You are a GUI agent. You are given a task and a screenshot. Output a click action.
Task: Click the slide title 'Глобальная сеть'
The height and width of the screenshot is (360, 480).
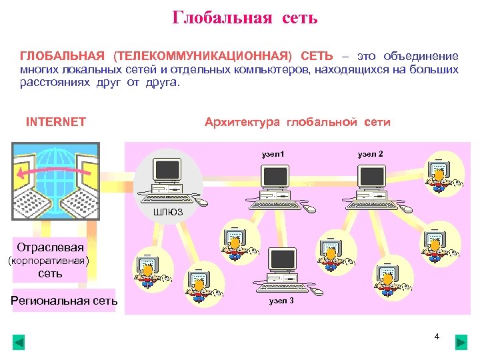coord(245,17)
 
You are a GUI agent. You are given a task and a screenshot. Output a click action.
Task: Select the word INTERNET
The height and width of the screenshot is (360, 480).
coord(56,122)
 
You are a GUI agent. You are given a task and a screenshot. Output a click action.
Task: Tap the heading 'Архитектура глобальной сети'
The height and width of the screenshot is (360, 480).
coord(297,122)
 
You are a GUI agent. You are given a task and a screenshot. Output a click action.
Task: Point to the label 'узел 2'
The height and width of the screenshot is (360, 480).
coord(370,154)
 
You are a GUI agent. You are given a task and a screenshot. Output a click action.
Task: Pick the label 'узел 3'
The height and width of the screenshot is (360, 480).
coord(281,301)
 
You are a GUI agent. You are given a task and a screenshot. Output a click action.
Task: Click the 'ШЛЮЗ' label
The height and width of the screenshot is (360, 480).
coord(167,213)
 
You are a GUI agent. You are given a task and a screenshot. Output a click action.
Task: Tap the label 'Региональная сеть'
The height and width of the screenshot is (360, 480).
coord(64,301)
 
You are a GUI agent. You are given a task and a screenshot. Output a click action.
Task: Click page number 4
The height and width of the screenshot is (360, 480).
coord(437,336)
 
